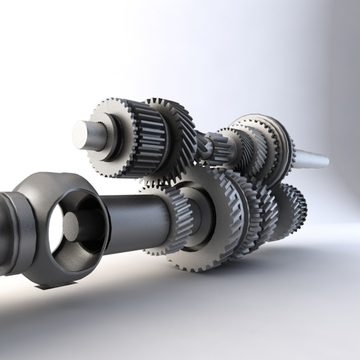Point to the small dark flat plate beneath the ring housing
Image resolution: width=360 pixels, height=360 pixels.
pos(57,285)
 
